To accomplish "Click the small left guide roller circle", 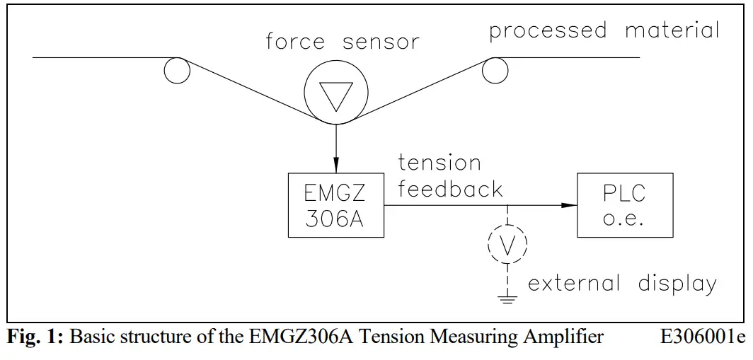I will click(x=177, y=70).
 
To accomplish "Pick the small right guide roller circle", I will click(x=495, y=69).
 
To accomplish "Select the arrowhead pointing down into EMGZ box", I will click(x=336, y=166).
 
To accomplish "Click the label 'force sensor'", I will click(x=343, y=42).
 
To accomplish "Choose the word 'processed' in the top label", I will click(x=548, y=31).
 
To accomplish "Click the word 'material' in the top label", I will click(x=672, y=31).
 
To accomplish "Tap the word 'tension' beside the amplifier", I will click(x=439, y=163).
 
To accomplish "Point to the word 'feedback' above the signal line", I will click(x=450, y=190).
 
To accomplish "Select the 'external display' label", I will click(x=622, y=284).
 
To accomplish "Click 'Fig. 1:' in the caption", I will click(x=35, y=337).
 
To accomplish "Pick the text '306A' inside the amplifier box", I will click(x=335, y=220).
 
